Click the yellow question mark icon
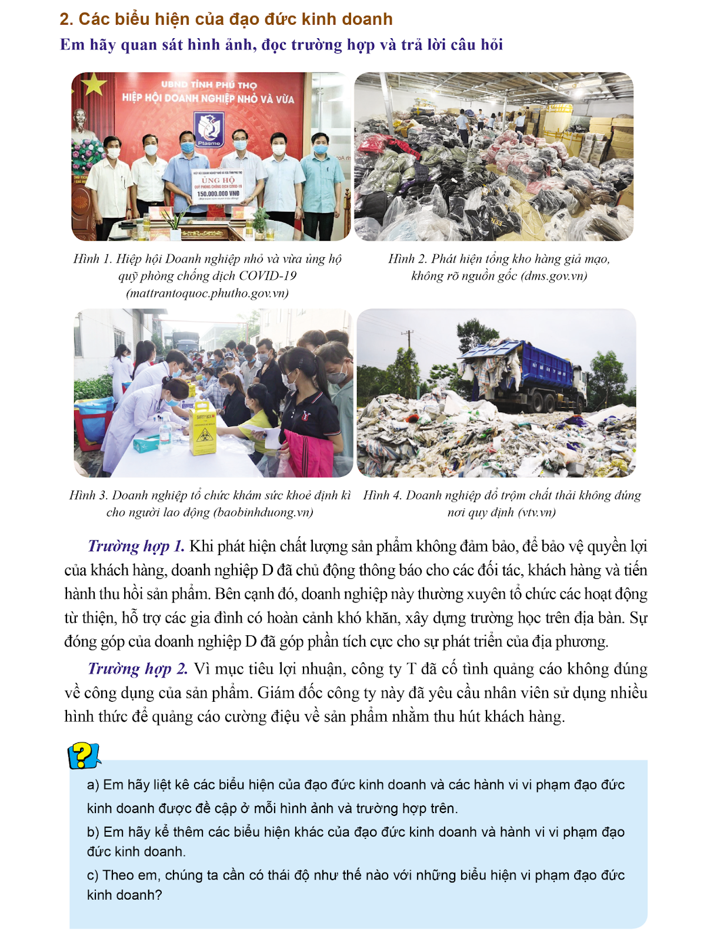tap(84, 755)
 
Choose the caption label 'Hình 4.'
tap(382, 495)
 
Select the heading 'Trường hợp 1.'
tap(136, 546)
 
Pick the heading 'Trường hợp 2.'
tap(138, 669)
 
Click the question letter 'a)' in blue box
tap(93, 785)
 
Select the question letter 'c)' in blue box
tap(92, 875)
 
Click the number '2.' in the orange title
tap(66, 19)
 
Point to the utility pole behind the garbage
tap(407, 347)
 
